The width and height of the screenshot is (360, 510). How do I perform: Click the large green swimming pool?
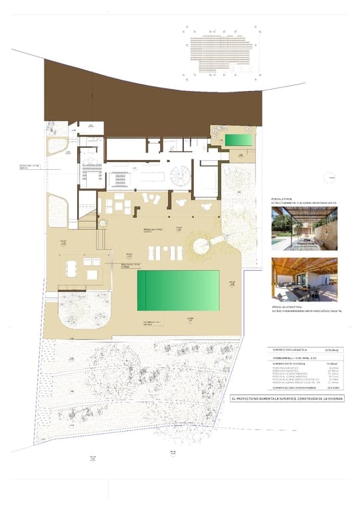(x=178, y=290)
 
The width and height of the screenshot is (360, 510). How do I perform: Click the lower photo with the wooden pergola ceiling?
(x=304, y=279)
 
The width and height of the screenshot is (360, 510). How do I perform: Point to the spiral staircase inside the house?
(x=178, y=177)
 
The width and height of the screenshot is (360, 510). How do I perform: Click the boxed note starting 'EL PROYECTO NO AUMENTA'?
(x=291, y=398)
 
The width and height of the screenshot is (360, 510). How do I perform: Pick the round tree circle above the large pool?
(x=199, y=246)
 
